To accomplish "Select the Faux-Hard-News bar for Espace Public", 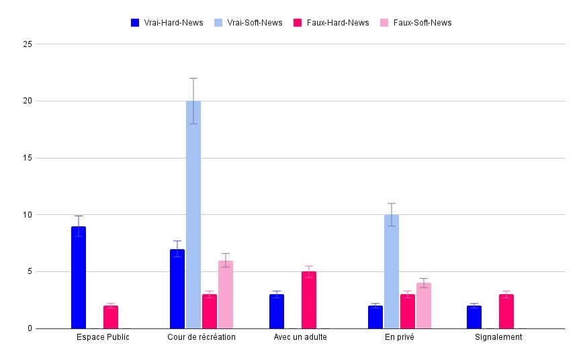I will (111, 317).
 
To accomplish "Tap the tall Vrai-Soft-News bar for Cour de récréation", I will (193, 215).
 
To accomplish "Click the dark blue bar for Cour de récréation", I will (177, 289).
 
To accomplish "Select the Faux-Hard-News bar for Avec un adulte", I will (308, 300).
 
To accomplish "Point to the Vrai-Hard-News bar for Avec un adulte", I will (277, 312).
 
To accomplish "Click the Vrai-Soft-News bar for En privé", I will (392, 271).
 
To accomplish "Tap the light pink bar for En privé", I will (424, 306).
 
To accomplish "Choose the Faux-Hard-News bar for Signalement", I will (506, 312).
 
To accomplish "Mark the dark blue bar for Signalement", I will (474, 317).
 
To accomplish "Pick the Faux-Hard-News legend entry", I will (332, 23).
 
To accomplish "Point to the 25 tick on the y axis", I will (28, 44).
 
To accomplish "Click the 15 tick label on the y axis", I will (28, 158).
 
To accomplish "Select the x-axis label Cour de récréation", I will (201, 337).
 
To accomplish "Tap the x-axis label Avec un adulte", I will (300, 337).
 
